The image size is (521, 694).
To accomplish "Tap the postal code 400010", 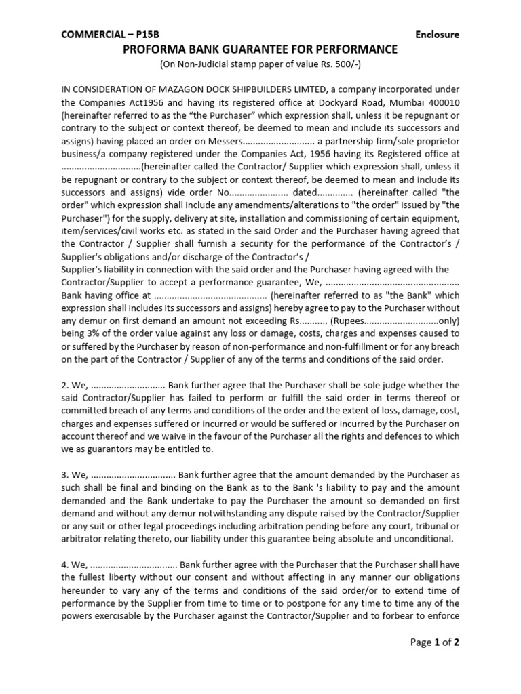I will tap(442, 102).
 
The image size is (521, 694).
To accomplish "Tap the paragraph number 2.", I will tap(64, 386).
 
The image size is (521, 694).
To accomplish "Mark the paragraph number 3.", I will tap(64, 475).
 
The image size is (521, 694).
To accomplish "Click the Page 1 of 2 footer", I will tap(436, 642).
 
